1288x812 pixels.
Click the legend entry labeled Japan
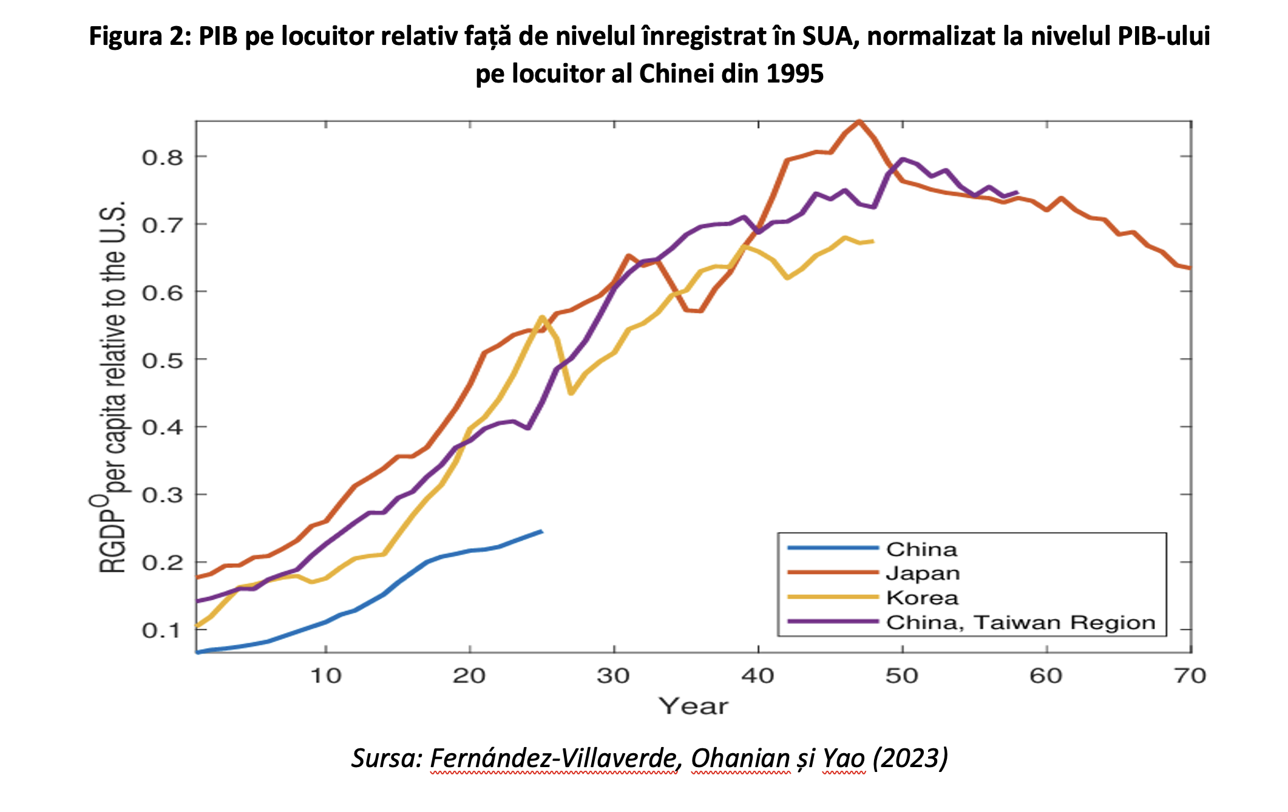click(923, 573)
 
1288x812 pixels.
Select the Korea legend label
click(922, 598)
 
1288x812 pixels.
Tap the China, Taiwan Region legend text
click(1020, 623)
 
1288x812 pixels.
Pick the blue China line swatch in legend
click(833, 548)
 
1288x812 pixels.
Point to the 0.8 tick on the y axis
click(162, 158)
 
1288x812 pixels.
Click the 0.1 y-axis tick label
click(162, 631)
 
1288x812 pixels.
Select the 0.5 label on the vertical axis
click(162, 360)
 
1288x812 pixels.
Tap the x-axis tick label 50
click(902, 675)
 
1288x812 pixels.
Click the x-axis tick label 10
click(326, 675)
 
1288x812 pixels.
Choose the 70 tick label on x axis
click(1190, 675)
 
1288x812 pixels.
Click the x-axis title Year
click(693, 706)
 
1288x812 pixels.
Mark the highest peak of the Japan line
click(859, 121)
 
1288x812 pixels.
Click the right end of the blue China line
click(541, 532)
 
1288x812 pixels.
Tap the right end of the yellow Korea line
click(873, 242)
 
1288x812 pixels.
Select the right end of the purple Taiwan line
click(1017, 192)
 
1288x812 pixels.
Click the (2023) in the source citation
click(910, 758)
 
